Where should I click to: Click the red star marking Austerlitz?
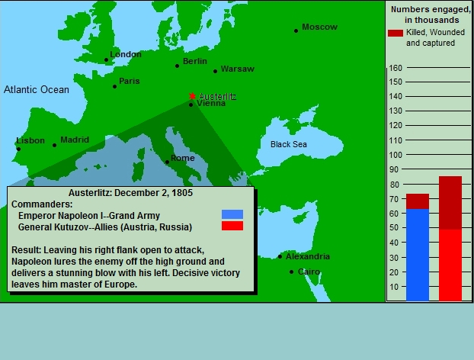[192, 96]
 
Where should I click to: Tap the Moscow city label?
[319, 27]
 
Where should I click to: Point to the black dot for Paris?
[114, 86]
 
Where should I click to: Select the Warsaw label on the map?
[238, 69]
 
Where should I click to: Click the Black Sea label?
[288, 144]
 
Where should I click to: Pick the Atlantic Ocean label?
[37, 89]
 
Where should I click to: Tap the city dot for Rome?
[167, 162]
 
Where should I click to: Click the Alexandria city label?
[308, 256]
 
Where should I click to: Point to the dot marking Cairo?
[291, 272]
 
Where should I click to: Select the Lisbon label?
[30, 140]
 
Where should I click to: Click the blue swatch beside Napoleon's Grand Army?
[232, 214]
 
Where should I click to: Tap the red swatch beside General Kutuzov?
[232, 226]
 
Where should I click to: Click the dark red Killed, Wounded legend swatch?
[396, 33]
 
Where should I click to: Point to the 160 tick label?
[396, 68]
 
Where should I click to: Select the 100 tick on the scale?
[396, 155]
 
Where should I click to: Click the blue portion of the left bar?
[418, 255]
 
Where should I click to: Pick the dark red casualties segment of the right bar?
[450, 203]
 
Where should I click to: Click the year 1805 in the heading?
[182, 193]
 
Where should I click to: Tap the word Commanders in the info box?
[42, 204]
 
